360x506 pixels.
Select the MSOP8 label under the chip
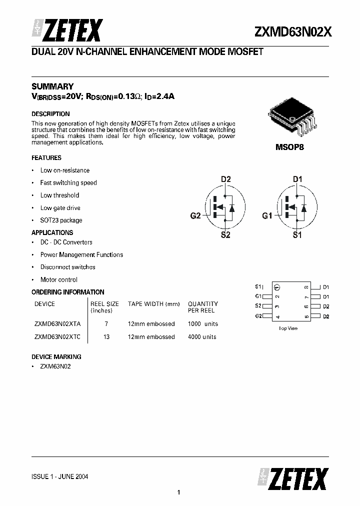[290, 148]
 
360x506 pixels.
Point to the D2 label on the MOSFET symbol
[225, 179]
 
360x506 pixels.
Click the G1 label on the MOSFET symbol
[267, 216]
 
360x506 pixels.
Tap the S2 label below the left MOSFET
[225, 235]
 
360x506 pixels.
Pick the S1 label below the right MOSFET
[297, 235]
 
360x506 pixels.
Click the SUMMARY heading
[52, 86]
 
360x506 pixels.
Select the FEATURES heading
[46, 157]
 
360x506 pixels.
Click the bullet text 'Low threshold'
[59, 195]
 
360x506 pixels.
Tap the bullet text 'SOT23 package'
[61, 220]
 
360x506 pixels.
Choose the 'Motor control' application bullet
[59, 280]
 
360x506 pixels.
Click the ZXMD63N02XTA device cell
[57, 324]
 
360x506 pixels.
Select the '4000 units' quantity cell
[202, 337]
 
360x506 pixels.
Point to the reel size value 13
[106, 337]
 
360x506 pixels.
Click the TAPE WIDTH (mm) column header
[153, 304]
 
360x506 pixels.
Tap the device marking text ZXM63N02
[55, 366]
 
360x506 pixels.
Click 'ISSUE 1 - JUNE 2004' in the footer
[60, 476]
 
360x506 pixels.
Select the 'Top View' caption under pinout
[288, 328]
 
